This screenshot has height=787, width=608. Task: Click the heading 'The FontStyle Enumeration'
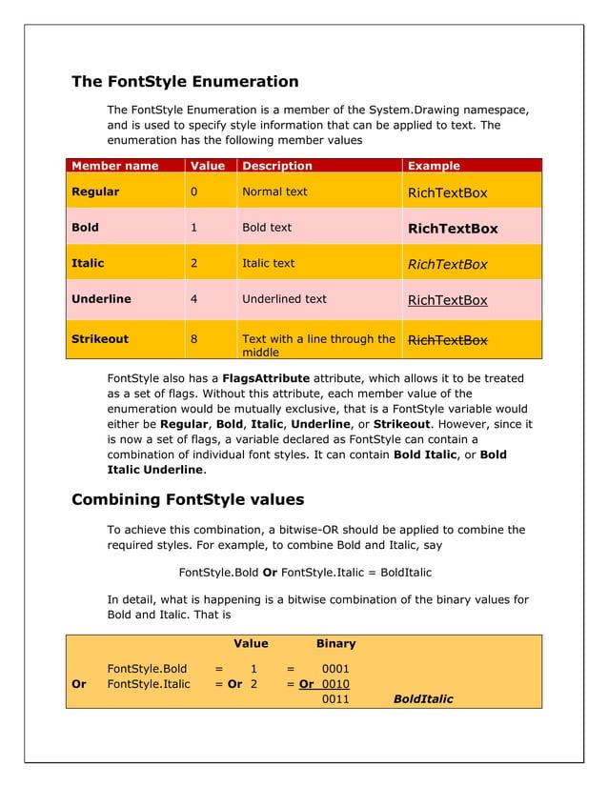[185, 82]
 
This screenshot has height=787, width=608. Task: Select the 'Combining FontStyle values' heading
[188, 498]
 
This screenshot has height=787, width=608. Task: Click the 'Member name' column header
[115, 166]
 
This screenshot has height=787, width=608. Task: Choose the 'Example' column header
[434, 166]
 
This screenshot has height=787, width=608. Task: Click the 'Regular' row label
[95, 192]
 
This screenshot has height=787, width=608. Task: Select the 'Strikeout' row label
[100, 338]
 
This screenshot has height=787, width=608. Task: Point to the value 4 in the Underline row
[194, 298]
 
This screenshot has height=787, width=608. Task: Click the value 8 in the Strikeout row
[194, 338]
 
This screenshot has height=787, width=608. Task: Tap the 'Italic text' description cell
[269, 263]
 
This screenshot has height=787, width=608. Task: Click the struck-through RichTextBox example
[447, 340]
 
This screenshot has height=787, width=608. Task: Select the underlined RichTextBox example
[447, 300]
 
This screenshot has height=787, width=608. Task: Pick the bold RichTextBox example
[453, 229]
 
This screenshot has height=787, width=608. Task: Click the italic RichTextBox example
[447, 265]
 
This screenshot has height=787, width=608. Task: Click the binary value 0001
[335, 669]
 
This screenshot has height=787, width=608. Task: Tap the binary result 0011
[335, 699]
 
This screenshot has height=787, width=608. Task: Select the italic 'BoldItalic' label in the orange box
[423, 699]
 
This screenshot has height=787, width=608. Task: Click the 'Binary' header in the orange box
[335, 644]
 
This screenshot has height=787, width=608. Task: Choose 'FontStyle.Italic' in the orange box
[149, 684]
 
